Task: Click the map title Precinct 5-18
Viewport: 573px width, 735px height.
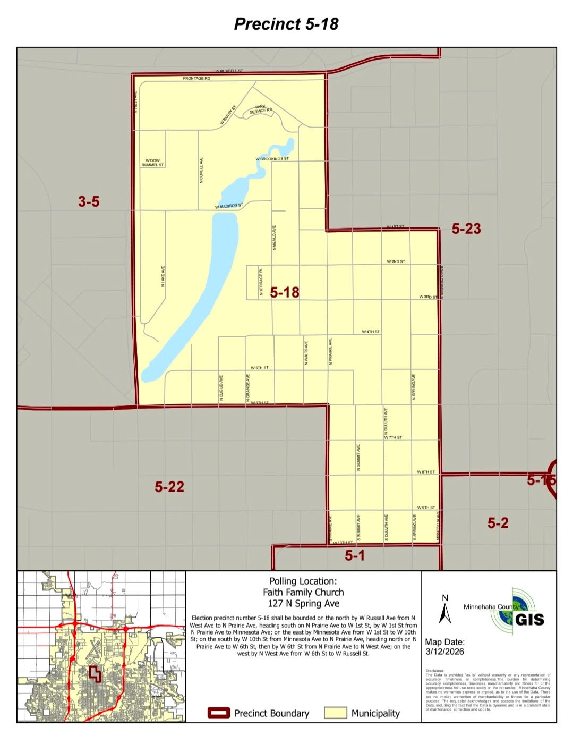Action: click(x=286, y=24)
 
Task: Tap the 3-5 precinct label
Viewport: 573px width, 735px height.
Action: click(x=89, y=201)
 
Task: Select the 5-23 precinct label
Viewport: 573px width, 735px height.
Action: click(x=466, y=229)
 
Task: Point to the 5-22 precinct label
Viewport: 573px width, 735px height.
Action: click(x=169, y=486)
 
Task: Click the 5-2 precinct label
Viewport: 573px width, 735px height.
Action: click(x=498, y=523)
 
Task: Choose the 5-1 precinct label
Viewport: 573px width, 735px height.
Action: click(x=355, y=555)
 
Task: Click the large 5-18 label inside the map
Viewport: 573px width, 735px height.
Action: click(x=285, y=292)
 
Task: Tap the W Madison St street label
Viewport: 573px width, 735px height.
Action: click(x=229, y=206)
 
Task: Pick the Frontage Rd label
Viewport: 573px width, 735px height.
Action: click(x=196, y=78)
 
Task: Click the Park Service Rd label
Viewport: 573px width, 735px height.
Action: click(x=261, y=109)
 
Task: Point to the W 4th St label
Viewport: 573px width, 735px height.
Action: click(x=371, y=332)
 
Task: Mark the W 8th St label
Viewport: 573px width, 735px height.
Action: click(x=425, y=472)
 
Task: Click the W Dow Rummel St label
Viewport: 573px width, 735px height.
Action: click(x=152, y=163)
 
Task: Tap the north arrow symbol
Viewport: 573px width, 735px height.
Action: click(x=445, y=610)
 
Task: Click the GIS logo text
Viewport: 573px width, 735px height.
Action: click(x=529, y=619)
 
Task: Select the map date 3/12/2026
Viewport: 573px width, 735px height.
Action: click(x=444, y=652)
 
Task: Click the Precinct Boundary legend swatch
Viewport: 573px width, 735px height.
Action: click(x=218, y=713)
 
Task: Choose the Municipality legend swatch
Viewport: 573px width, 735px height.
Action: click(x=335, y=713)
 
